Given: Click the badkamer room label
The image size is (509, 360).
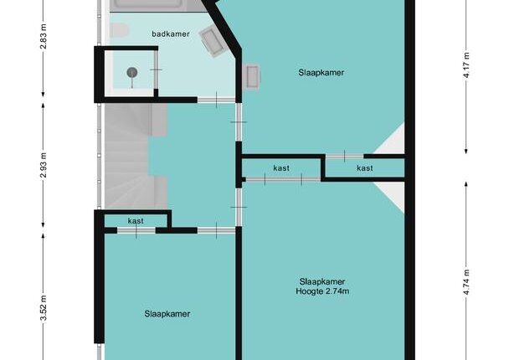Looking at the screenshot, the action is click(x=171, y=33).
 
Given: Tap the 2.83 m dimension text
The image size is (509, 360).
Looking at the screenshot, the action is click(x=44, y=36).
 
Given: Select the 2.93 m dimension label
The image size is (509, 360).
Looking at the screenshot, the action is click(x=44, y=165).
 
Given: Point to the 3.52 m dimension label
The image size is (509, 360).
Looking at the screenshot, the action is click(x=44, y=308).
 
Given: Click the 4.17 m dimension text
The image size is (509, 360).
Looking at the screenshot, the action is click(x=466, y=65).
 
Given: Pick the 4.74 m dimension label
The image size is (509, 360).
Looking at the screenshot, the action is click(x=466, y=282).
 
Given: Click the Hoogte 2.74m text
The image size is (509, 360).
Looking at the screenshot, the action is click(x=322, y=291).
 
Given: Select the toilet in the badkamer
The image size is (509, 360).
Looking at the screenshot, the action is click(x=118, y=30).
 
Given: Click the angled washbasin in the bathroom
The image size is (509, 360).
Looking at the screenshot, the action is click(x=212, y=41).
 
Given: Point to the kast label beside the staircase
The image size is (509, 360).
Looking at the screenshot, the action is click(x=136, y=221).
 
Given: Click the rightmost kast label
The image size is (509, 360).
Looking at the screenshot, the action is click(x=365, y=167).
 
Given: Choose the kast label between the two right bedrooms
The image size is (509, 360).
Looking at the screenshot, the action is click(x=281, y=167).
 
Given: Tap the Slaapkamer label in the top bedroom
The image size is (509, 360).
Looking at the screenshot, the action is click(x=321, y=72).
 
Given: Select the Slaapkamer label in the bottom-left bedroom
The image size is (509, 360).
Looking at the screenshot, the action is click(x=167, y=314).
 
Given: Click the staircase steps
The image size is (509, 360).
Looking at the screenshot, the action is click(x=130, y=156).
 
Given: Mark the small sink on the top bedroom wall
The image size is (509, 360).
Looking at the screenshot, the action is click(x=252, y=77).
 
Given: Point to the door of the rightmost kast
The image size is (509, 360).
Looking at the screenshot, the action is click(x=345, y=157).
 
